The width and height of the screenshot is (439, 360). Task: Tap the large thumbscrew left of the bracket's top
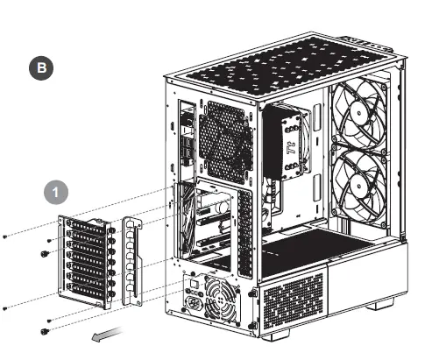coord(43,252)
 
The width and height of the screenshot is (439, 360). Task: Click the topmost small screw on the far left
coord(6,236)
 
